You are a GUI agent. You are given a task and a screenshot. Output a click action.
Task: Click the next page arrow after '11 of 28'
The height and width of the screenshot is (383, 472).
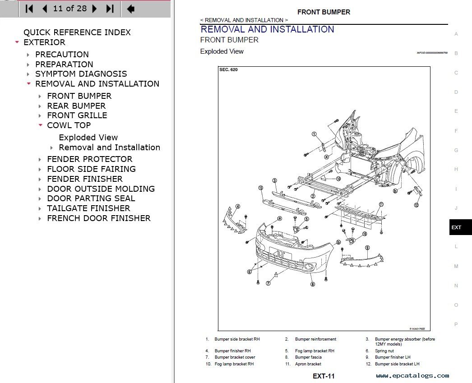[x=94, y=9]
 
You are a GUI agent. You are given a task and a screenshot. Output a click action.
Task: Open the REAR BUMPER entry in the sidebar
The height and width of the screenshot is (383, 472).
[x=76, y=106]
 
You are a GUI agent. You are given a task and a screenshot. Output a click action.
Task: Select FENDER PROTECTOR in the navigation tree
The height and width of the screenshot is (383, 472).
[x=89, y=159]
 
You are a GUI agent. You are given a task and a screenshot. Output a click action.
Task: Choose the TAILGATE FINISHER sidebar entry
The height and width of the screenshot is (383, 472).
[x=88, y=208]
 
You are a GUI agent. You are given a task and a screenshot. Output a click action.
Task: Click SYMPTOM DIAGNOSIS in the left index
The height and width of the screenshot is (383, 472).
[x=81, y=74]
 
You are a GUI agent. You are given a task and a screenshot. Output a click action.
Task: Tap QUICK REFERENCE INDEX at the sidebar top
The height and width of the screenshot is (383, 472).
[x=77, y=32]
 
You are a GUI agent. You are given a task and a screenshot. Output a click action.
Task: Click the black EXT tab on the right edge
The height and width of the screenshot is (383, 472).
[x=460, y=227]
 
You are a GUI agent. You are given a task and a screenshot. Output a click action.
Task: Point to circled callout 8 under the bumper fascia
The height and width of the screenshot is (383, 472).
[x=312, y=284]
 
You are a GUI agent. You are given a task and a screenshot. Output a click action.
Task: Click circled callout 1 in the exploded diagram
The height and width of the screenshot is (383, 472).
[x=314, y=134]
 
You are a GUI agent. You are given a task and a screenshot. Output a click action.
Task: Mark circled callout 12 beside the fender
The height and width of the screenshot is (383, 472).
[x=416, y=205]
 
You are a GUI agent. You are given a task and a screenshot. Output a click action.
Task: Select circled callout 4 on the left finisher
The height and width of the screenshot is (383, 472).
[x=237, y=207]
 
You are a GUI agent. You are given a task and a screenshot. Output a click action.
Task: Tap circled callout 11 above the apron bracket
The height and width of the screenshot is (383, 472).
[x=381, y=204]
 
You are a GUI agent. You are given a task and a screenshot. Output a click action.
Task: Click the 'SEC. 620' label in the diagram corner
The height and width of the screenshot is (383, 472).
[x=228, y=70]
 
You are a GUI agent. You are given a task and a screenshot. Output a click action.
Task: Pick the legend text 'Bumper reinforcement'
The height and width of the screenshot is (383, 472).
[x=315, y=339]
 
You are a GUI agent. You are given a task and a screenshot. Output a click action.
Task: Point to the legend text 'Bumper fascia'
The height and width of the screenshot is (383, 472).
[x=308, y=357]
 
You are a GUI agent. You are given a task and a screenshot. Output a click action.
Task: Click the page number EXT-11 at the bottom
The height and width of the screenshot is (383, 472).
[x=324, y=376]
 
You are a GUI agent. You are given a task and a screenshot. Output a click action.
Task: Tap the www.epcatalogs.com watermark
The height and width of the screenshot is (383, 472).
[x=412, y=375]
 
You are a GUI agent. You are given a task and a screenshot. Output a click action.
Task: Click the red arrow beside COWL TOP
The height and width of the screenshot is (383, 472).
[x=40, y=125]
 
